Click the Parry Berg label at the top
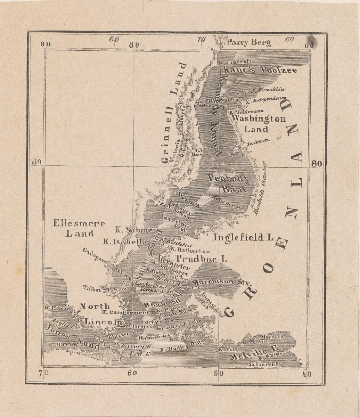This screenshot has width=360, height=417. pyautogui.click(x=249, y=43)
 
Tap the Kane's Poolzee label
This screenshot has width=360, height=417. pyautogui.click(x=260, y=70)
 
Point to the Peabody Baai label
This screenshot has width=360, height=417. pyautogui.click(x=229, y=183)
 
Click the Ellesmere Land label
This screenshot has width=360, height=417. pyautogui.click(x=79, y=228)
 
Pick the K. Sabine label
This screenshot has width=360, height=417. pyautogui.click(x=134, y=230)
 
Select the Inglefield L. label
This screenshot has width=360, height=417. pyautogui.click(x=244, y=238)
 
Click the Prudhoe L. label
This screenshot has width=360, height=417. pyautogui.click(x=199, y=259)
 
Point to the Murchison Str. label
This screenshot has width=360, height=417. pyautogui.click(x=217, y=282)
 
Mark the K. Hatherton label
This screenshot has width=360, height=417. pyautogui.click(x=190, y=251)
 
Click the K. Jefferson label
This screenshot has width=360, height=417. pyautogui.click(x=246, y=111)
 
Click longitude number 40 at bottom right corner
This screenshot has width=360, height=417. pyautogui.click(x=306, y=374)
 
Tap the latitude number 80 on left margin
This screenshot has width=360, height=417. pyautogui.click(x=37, y=162)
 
